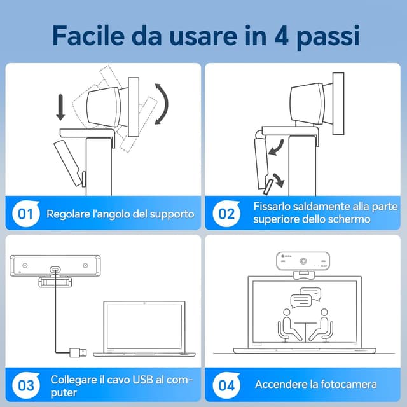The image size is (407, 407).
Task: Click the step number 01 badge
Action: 25,214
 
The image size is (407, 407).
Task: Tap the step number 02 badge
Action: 227,214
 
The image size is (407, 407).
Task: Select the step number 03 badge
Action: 25,385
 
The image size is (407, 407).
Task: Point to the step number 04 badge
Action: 227,385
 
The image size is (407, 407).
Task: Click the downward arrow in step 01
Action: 60,107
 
